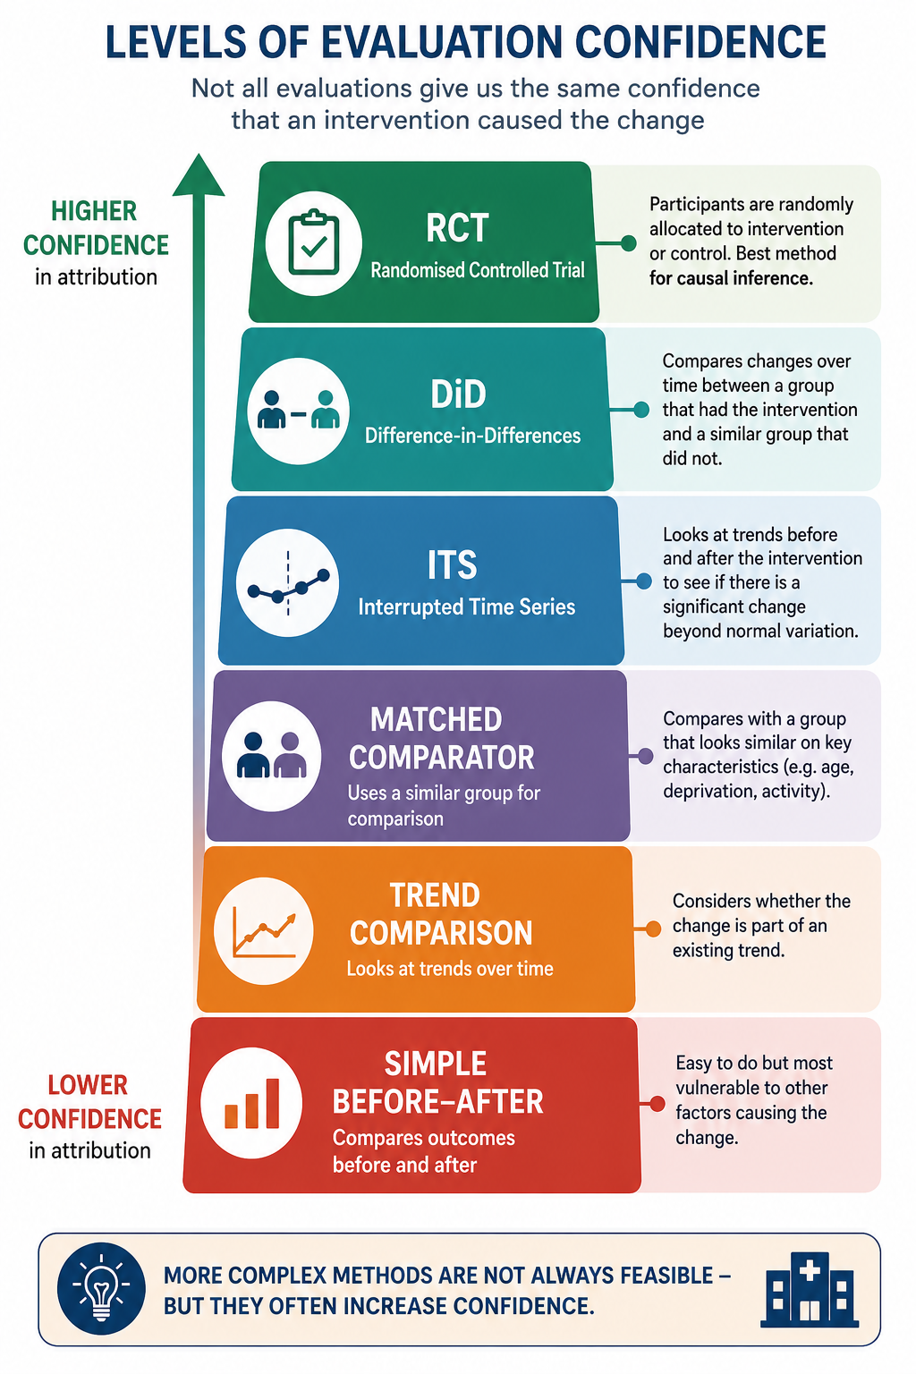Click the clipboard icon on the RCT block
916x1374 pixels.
[x=313, y=242]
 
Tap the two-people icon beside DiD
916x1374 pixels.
[x=298, y=410]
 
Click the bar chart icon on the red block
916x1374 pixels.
[x=252, y=1103]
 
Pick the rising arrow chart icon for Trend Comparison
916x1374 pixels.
[x=264, y=931]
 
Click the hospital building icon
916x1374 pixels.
[x=810, y=1289]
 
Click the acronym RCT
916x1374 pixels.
[x=457, y=228]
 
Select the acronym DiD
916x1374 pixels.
[x=458, y=394]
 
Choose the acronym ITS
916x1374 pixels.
[x=452, y=565]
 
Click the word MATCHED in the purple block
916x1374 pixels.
[x=437, y=719]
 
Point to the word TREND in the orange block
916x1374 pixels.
[x=435, y=895]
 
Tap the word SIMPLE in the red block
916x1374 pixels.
[x=436, y=1064]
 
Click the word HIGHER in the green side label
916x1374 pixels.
[x=94, y=212]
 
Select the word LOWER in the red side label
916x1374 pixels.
[x=88, y=1085]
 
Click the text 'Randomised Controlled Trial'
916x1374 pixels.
[x=478, y=270]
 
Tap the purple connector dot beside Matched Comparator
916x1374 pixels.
[x=645, y=756]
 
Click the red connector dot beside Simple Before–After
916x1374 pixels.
[x=657, y=1104]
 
